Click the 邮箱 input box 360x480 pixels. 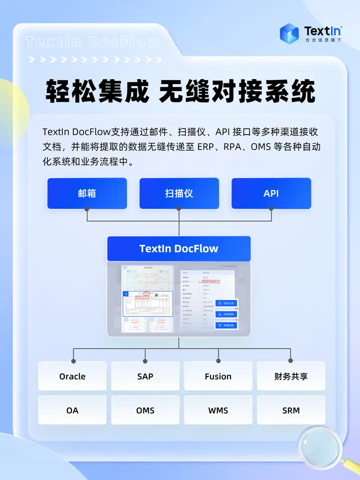coord(87,193)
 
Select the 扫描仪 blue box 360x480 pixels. coord(179,193)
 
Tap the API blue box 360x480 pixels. coord(271,193)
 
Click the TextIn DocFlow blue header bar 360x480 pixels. coord(178,248)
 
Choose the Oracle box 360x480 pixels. coord(72,376)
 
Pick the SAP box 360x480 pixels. coord(145,376)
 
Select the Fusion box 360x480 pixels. coord(218,376)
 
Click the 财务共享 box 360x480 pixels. coord(291,376)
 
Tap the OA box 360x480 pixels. coord(72,410)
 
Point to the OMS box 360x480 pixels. coord(145,410)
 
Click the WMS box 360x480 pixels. coord(218,410)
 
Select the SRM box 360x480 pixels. coord(291,410)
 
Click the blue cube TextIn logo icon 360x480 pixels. coord(289,32)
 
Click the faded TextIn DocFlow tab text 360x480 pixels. coord(93,42)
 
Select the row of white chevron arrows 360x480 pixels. coord(95,59)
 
